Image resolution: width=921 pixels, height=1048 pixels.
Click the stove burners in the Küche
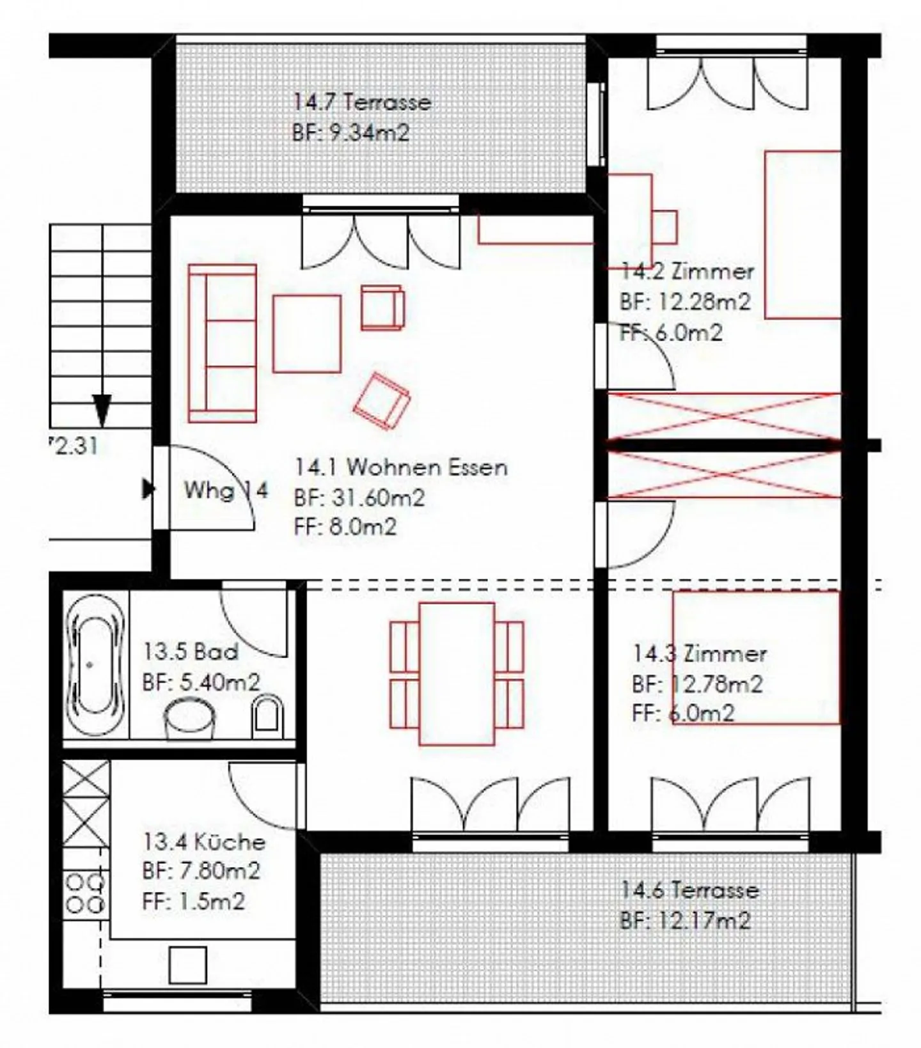[86, 894]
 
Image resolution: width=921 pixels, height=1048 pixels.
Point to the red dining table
[457, 674]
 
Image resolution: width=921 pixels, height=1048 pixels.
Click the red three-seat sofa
[222, 343]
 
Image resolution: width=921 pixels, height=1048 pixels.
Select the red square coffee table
[307, 333]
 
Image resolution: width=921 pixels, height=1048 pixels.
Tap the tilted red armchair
[382, 402]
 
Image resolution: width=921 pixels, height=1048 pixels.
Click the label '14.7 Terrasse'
[362, 102]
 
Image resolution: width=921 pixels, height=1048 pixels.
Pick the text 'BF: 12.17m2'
[685, 921]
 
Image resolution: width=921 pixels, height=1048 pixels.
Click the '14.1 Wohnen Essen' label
[401, 467]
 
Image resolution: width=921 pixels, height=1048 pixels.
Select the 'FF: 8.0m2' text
[345, 527]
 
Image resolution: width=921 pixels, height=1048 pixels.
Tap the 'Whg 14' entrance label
[226, 490]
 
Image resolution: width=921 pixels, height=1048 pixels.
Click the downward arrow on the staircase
[102, 411]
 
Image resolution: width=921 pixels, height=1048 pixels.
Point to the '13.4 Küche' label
[204, 841]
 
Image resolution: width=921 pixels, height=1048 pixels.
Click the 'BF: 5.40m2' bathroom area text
[201, 682]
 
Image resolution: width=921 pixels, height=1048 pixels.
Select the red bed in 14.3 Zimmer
[755, 658]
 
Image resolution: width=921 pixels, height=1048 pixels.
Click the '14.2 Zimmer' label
[688, 271]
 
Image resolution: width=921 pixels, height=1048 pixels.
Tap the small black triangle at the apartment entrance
[148, 490]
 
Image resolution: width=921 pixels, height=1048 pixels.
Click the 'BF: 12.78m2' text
[697, 684]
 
